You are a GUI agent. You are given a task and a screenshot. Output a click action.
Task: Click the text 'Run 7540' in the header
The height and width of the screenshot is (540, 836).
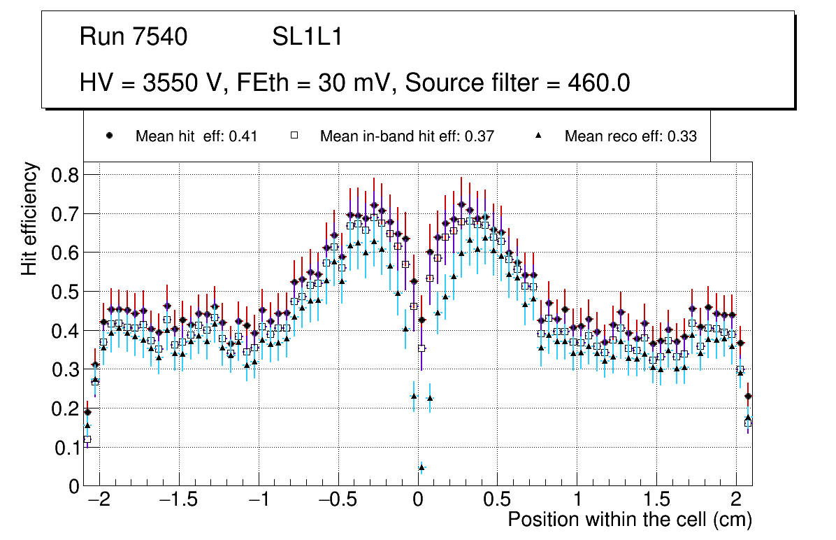[x=134, y=37]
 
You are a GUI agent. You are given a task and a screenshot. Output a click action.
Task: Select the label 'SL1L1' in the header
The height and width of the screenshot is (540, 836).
[x=307, y=37]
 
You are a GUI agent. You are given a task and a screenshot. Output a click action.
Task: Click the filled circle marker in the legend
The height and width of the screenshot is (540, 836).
[x=109, y=136]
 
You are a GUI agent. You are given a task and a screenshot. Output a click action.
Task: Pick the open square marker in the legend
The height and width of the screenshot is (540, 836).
[x=295, y=136]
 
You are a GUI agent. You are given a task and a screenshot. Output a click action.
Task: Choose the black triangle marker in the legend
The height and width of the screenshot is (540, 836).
[x=539, y=136]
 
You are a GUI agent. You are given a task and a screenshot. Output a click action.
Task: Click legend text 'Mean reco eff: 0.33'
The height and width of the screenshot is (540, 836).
[x=630, y=136]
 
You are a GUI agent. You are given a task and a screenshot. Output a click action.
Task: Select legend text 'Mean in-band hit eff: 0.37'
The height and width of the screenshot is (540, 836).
[x=407, y=136]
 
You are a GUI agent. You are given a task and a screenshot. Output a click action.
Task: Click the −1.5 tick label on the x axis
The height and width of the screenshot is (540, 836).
[x=178, y=501]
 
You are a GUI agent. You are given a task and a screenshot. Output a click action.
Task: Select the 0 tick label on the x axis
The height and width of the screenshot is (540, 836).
[x=418, y=501]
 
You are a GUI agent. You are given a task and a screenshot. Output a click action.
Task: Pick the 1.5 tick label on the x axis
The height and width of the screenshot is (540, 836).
[x=657, y=501]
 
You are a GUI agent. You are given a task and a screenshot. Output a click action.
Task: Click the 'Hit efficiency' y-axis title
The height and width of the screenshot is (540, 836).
[x=29, y=218]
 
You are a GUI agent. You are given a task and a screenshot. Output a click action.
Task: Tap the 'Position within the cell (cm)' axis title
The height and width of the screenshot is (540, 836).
[x=629, y=520]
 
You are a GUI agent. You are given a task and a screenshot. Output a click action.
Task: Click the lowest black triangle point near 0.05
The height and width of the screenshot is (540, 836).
[x=421, y=467]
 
